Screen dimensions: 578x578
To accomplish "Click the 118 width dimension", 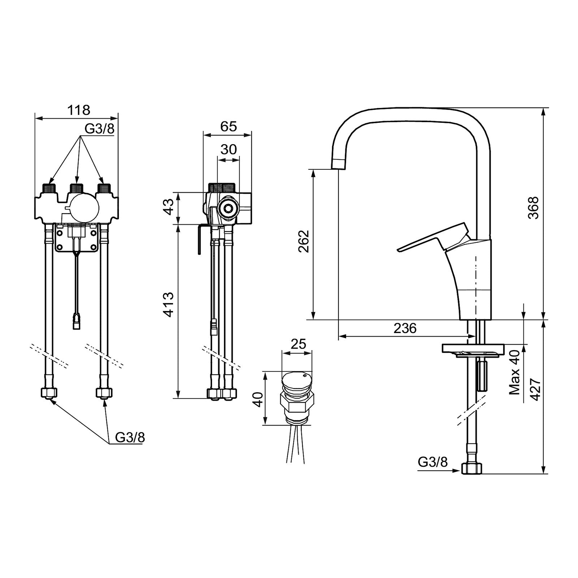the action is (x=79, y=109).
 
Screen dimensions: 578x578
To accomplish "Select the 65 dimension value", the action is (x=228, y=126).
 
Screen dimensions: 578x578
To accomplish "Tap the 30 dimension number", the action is (x=228, y=149).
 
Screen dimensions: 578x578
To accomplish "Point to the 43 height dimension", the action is (x=169, y=207).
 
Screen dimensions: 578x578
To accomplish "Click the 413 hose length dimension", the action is (x=169, y=305).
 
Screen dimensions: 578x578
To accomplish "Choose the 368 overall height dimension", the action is (x=534, y=207).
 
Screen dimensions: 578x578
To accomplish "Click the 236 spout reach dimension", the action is (x=405, y=328).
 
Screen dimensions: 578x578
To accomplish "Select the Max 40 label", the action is (x=514, y=372).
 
